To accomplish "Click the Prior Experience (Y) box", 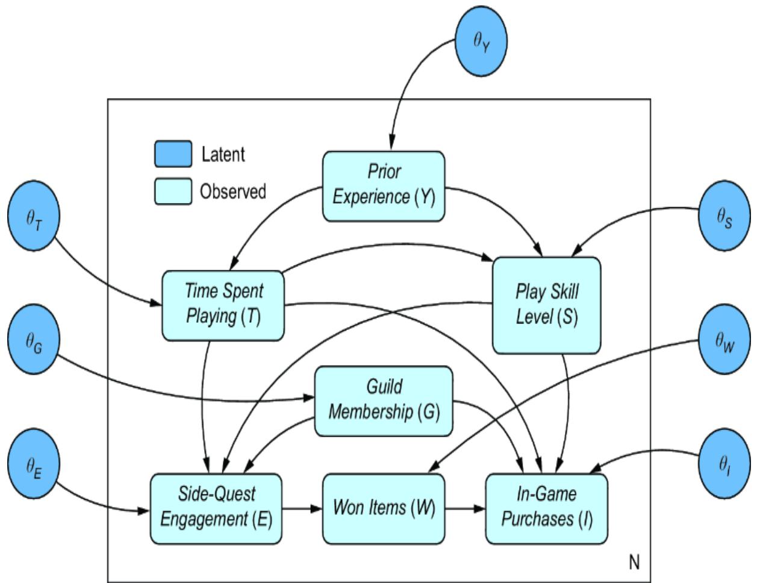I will tap(384, 185).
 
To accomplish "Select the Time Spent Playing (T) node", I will tap(223, 305).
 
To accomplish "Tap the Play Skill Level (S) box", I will tap(546, 305).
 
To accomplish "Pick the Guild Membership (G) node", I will tap(384, 401).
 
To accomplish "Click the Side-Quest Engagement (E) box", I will tap(216, 508).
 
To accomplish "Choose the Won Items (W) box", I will tap(384, 508).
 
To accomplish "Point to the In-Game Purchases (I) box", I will tap(546, 508).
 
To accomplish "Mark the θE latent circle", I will tap(34, 464).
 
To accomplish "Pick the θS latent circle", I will tap(724, 218).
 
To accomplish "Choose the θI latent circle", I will tap(724, 464).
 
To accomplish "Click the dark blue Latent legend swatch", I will tap(173, 154).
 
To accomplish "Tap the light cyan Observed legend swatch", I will tap(173, 191).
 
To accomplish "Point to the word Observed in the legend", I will tap(233, 192).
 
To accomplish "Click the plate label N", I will tap(634, 563).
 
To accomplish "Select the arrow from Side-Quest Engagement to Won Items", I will tap(302, 508).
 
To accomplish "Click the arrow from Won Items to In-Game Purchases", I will tap(465, 508).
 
